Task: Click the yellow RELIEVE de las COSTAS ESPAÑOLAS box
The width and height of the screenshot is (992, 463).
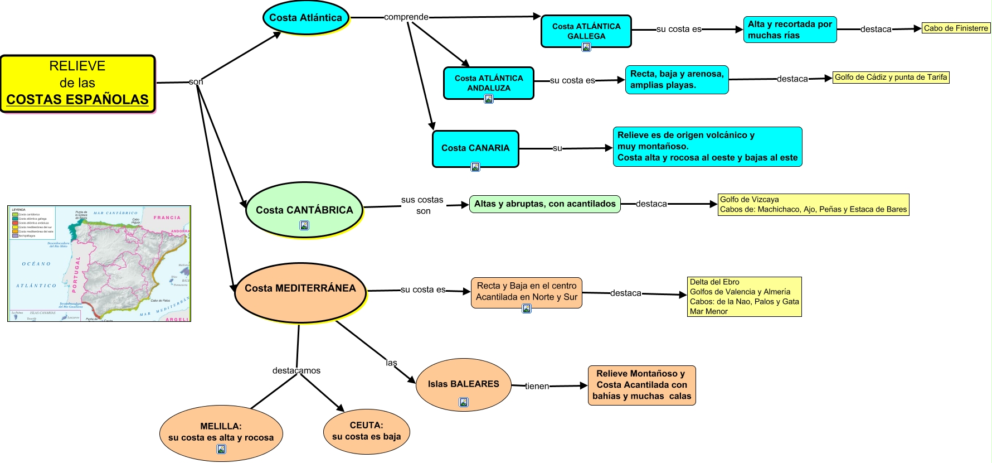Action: click(x=77, y=83)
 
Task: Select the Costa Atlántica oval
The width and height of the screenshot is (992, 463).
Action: click(x=305, y=18)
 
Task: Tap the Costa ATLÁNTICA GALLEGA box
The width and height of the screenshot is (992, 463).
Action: click(x=586, y=31)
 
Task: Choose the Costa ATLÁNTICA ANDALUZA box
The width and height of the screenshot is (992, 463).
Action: click(x=488, y=83)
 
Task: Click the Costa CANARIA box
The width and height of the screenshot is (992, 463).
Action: click(x=475, y=148)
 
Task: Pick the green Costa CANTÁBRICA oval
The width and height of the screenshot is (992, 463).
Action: click(x=304, y=210)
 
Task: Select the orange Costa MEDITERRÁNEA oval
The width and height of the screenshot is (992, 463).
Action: click(x=300, y=288)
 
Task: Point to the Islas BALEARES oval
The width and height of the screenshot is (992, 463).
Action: click(x=463, y=384)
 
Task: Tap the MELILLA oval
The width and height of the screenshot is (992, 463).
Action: click(x=221, y=432)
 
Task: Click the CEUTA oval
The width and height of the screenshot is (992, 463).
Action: click(x=366, y=431)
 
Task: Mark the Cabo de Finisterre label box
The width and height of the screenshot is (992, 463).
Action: click(x=955, y=28)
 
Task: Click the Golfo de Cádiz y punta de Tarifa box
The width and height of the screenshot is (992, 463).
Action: click(x=891, y=78)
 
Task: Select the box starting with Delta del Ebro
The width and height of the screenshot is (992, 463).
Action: click(x=744, y=297)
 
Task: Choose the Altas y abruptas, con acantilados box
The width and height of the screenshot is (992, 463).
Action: click(x=544, y=204)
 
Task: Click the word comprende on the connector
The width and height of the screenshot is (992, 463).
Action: click(x=406, y=17)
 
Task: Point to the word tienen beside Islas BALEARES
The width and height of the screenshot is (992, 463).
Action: click(x=537, y=386)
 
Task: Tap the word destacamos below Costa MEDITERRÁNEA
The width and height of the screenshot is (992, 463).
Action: click(x=296, y=370)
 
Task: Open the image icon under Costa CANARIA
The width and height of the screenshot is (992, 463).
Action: click(x=475, y=167)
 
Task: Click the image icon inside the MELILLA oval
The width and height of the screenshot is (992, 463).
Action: click(x=221, y=449)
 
